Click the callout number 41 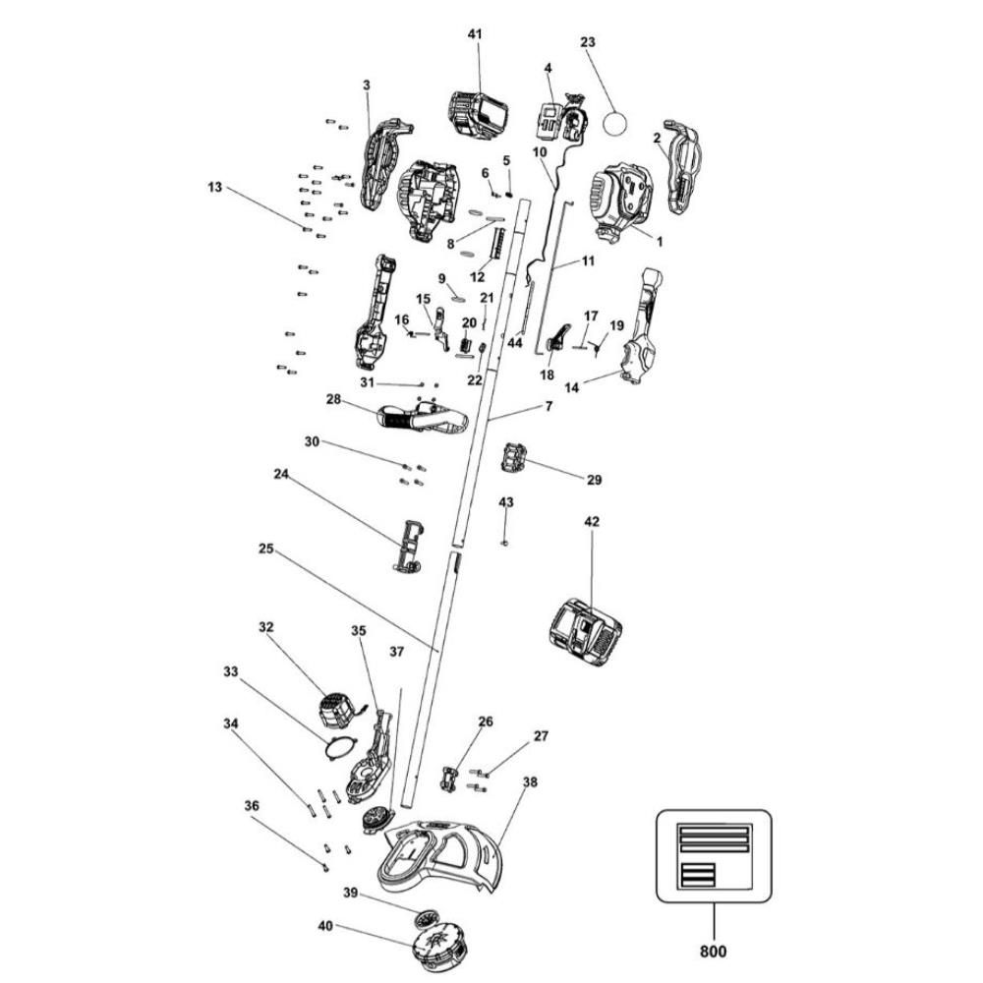pyautogui.click(x=476, y=34)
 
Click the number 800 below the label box pyautogui.click(x=713, y=951)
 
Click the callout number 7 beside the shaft pyautogui.click(x=549, y=405)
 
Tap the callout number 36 pyautogui.click(x=252, y=805)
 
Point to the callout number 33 pyautogui.click(x=231, y=672)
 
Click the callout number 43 pyautogui.click(x=506, y=502)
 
